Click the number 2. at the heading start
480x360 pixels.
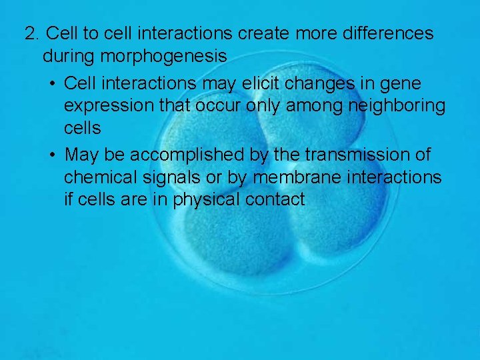(33, 33)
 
